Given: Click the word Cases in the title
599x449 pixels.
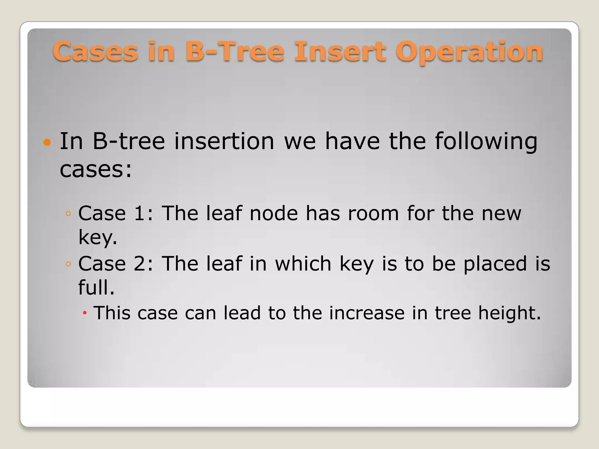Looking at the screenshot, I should pyautogui.click(x=95, y=52).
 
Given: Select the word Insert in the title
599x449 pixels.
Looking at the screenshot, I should pyautogui.click(x=340, y=52).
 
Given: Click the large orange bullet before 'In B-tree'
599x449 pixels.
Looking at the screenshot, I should pyautogui.click(x=47, y=143).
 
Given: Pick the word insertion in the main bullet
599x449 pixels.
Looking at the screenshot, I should pyautogui.click(x=224, y=141).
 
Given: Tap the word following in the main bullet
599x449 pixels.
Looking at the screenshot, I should pyautogui.click(x=486, y=142).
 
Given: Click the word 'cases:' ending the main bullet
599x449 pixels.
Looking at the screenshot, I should pyautogui.click(x=96, y=170).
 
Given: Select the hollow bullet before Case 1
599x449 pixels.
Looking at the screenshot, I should pyautogui.click(x=68, y=214).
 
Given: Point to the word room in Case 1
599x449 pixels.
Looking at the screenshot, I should pyautogui.click(x=373, y=213).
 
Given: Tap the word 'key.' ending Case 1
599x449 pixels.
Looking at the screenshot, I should pyautogui.click(x=98, y=238).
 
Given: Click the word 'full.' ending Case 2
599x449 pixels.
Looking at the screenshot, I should pyautogui.click(x=96, y=287).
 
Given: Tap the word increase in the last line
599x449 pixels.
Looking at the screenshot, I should pyautogui.click(x=367, y=313).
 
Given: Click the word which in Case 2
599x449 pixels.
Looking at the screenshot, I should pyautogui.click(x=303, y=264).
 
